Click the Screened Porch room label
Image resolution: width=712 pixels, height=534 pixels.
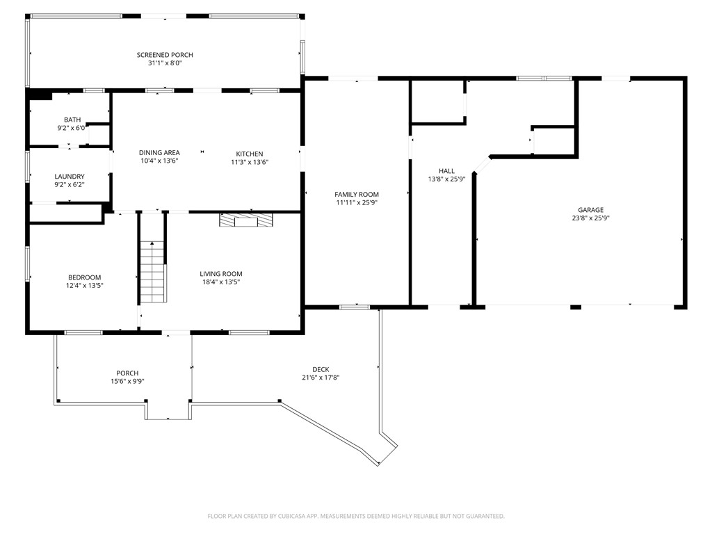165,55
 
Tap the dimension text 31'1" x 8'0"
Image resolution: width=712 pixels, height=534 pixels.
165,63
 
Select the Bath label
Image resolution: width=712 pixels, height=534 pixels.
72,120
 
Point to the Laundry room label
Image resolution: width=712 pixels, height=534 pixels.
70,177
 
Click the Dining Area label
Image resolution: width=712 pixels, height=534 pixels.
159,153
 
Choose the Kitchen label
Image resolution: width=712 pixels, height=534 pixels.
249,154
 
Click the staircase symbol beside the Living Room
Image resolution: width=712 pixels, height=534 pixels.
152,270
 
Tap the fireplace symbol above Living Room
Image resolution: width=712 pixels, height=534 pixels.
246,220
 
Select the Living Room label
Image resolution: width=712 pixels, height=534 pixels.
221,274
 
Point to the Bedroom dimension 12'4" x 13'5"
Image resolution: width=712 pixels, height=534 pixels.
84,285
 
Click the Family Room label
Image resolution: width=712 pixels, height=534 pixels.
357,195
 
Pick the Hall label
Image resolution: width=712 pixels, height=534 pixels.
446,171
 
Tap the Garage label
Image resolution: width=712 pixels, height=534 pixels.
590,210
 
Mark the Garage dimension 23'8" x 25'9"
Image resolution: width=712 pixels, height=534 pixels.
590,218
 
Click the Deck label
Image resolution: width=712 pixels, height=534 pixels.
321,370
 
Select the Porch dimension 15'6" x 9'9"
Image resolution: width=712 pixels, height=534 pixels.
127,381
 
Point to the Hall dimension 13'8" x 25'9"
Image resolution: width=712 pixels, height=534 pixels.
446,179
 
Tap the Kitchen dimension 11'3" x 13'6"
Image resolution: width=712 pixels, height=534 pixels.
249,162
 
